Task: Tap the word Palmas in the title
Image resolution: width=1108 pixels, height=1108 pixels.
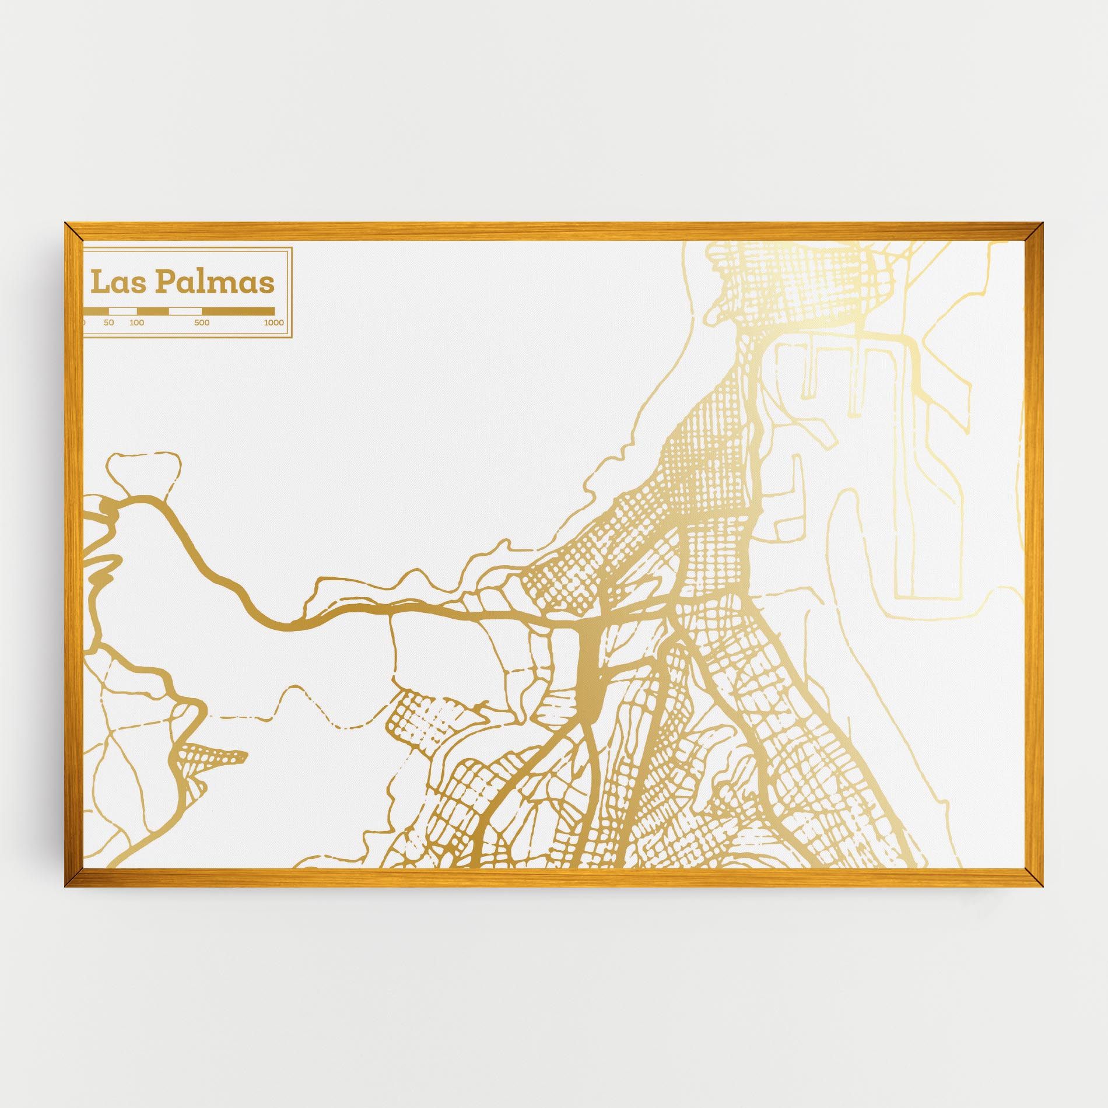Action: point(214,283)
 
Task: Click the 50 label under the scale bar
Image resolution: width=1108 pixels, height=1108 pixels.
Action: point(109,322)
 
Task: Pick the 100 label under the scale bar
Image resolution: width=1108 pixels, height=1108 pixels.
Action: point(136,322)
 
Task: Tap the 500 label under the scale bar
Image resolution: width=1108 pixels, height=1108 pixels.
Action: point(202,322)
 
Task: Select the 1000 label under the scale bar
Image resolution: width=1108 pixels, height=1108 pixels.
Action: point(273,322)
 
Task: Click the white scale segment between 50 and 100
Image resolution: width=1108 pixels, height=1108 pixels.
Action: point(123,311)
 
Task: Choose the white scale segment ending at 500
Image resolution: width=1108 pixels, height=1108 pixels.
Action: point(185,311)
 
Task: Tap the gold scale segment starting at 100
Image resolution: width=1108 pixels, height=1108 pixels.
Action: point(153,311)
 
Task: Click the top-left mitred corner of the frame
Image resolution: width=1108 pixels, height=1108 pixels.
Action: point(73,231)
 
